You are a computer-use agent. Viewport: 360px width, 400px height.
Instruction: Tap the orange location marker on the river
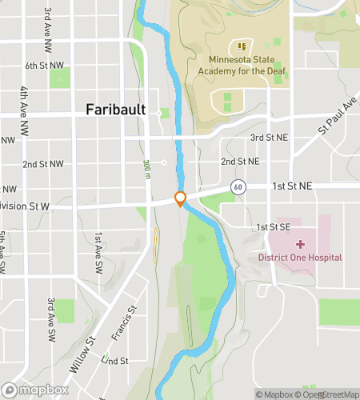tap(181, 198)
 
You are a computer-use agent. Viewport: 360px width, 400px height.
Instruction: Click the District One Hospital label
tap(300, 257)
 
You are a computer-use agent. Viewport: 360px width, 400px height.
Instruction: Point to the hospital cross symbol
tap(300, 243)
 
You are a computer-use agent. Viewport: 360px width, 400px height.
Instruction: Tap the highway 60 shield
tap(238, 186)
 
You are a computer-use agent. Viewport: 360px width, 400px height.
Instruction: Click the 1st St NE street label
tap(290, 186)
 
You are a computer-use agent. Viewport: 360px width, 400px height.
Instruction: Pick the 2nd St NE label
tap(240, 161)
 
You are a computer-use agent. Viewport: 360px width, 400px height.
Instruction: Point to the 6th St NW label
tap(44, 65)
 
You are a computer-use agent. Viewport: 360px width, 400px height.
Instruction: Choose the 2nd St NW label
tap(43, 164)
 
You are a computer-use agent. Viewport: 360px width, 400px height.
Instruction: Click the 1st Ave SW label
tap(98, 249)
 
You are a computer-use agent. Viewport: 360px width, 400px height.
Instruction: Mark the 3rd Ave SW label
tap(50, 314)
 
